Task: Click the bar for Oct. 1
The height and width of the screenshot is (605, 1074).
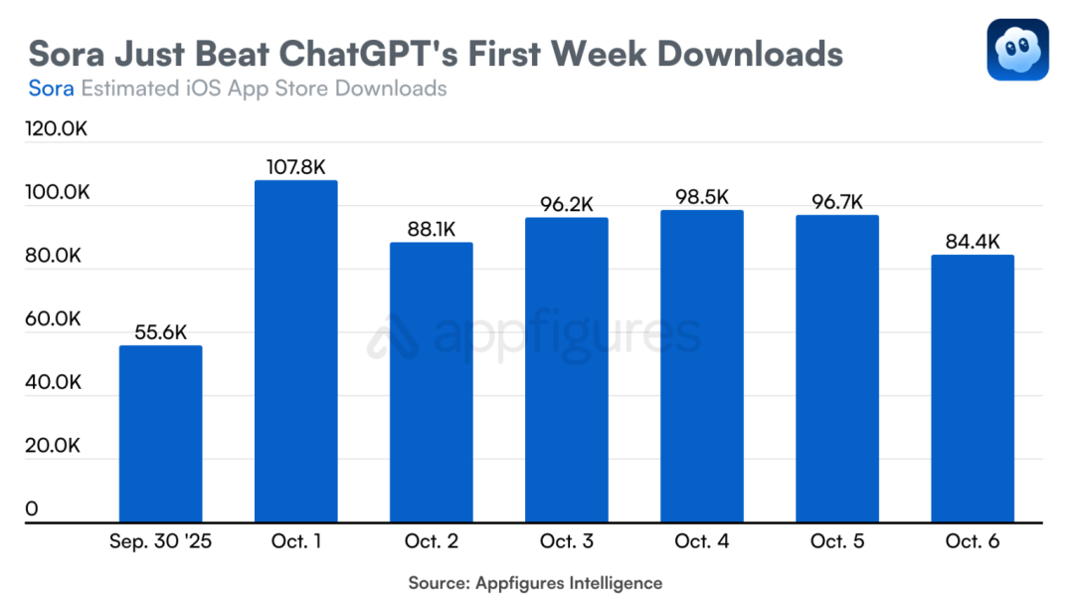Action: pos(295,350)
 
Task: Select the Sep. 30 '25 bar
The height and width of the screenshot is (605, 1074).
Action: pos(160,433)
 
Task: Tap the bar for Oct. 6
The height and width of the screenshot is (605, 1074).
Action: pos(972,388)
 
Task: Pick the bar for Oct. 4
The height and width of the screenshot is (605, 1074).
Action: pos(701,365)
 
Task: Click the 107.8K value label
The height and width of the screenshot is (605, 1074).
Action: pos(295,167)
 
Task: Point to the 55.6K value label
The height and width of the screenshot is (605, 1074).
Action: pos(160,332)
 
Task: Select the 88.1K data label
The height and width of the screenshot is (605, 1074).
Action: pos(431,229)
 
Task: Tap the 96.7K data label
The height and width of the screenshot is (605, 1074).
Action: pos(836,202)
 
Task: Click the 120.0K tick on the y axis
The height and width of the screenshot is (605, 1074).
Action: pos(57,129)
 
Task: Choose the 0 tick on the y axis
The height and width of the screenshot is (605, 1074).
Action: pos(31,509)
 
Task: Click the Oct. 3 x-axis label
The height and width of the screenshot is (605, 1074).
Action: pos(566,542)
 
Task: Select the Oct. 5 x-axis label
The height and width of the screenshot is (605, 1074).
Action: pos(836,542)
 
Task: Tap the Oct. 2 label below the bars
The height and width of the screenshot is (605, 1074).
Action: pos(431,542)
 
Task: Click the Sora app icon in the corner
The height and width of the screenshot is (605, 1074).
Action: pos(1017,50)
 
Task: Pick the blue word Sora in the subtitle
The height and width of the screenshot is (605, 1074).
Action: pos(51,89)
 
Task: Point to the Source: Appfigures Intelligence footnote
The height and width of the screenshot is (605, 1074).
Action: pos(535,583)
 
